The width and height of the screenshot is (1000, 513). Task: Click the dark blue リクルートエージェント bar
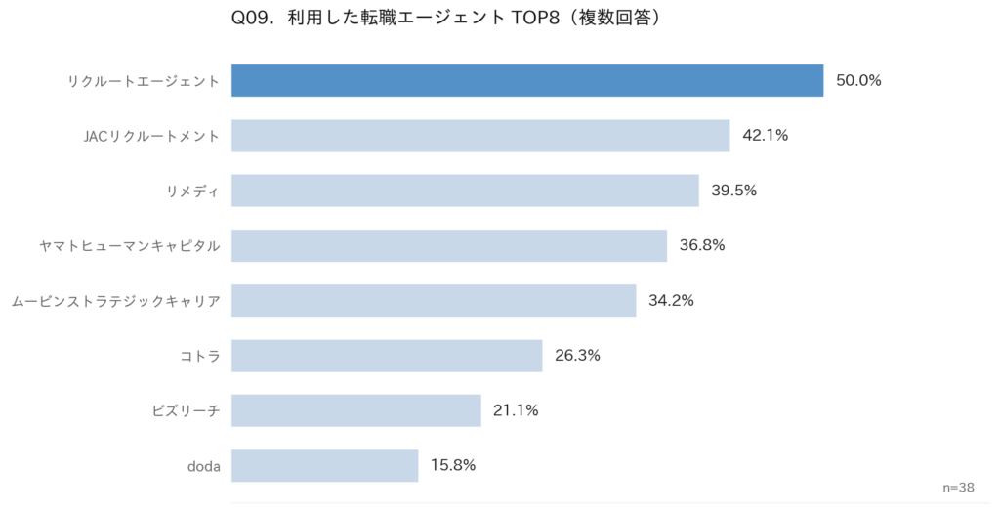pos(527,81)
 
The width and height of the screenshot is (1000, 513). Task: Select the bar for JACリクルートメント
pos(480,136)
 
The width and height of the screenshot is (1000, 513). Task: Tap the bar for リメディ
pos(465,191)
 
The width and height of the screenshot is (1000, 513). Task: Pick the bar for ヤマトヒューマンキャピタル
pos(449,245)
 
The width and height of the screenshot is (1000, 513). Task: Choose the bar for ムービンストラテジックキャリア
pos(434,300)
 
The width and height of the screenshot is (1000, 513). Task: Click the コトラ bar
pos(387,356)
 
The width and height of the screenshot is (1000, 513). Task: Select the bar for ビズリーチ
pos(356,410)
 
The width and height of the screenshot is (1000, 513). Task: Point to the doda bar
pos(324,465)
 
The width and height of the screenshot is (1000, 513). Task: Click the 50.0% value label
pos(858,81)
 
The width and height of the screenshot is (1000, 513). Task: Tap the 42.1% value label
pos(765,136)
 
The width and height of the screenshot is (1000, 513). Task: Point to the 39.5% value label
pos(733,191)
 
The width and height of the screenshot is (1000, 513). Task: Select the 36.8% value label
pos(702,245)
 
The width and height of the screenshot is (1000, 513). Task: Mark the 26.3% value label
pos(577,356)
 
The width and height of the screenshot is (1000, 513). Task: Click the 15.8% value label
pos(452,465)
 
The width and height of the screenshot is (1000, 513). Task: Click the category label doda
pos(204,466)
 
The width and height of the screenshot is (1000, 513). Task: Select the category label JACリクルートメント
pos(151,136)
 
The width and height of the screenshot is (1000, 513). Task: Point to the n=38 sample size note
pos(959,487)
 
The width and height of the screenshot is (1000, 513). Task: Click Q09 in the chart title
pos(253,19)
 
